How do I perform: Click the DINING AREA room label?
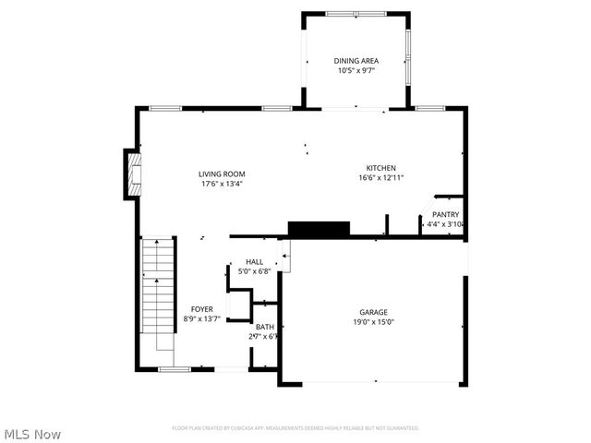pos(356,61)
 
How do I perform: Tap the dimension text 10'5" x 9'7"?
pos(356,71)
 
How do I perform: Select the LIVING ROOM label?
pos(222,174)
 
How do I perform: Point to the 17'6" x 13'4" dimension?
pos(222,184)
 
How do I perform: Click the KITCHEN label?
pos(380,168)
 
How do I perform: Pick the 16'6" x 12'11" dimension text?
pos(380,178)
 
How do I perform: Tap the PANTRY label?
pos(445,214)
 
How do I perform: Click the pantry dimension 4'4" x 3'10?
pos(444,224)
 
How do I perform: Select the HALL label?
pos(254,262)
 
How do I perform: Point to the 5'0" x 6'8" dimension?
pos(254,272)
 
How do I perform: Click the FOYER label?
pos(202,309)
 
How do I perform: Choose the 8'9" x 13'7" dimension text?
pos(202,319)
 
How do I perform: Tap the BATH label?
pos(265,327)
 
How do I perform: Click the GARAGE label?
pos(373,312)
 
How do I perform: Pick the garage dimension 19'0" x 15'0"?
pos(373,322)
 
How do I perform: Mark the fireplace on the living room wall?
pos(133,175)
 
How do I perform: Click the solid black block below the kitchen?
pos(319,229)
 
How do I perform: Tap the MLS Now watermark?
pos(32,434)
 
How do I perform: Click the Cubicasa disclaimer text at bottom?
pos(295,428)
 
